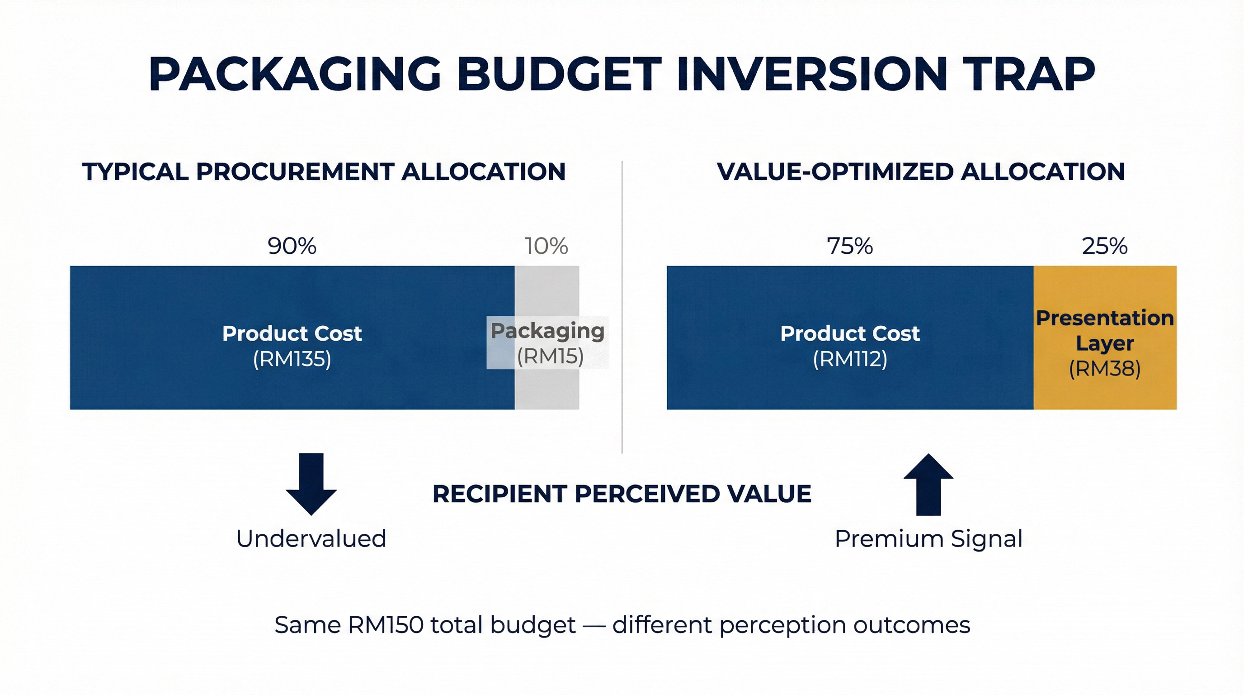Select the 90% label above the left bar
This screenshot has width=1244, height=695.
click(x=292, y=246)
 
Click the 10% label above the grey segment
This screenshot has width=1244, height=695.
click(x=546, y=246)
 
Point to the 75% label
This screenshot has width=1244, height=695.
click(x=849, y=246)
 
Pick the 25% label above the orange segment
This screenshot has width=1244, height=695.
click(x=1104, y=246)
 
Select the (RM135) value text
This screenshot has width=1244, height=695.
click(x=292, y=359)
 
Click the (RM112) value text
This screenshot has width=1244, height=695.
click(x=850, y=359)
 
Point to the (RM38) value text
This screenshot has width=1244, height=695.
click(x=1105, y=369)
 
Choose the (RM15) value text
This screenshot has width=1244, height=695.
click(x=550, y=357)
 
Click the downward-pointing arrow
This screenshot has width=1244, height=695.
click(x=311, y=483)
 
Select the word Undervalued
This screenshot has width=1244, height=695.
click(x=311, y=538)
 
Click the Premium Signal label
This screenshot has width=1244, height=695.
click(x=928, y=538)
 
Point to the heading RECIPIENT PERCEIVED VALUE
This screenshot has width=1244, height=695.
click(x=622, y=494)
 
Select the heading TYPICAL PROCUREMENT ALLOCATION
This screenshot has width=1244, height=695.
click(x=324, y=171)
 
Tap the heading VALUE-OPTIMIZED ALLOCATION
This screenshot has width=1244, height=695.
click(x=920, y=171)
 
